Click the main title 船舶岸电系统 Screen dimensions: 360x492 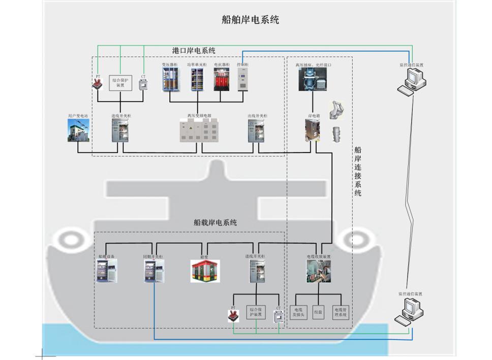point(251,20)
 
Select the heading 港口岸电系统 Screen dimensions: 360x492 point(194,51)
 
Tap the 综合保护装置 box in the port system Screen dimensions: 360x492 point(120,82)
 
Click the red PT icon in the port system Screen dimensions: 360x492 point(97,84)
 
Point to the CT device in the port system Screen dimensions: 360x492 point(143,85)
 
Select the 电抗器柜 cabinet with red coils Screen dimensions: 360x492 point(222,80)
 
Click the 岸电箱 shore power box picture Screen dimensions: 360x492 point(313,129)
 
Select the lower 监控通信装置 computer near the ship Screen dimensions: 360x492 point(411,310)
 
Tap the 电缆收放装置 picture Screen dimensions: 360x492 point(318,271)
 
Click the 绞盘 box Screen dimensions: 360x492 point(318,312)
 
